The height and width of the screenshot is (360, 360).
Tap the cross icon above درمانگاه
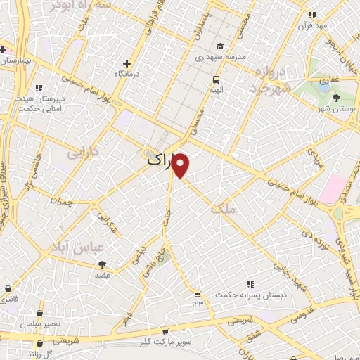click(x=127, y=63)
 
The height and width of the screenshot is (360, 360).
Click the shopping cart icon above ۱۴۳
click(x=198, y=294)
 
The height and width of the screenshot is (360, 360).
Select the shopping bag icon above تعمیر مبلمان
click(x=39, y=313)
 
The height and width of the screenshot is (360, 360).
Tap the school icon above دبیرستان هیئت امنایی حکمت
click(x=39, y=89)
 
